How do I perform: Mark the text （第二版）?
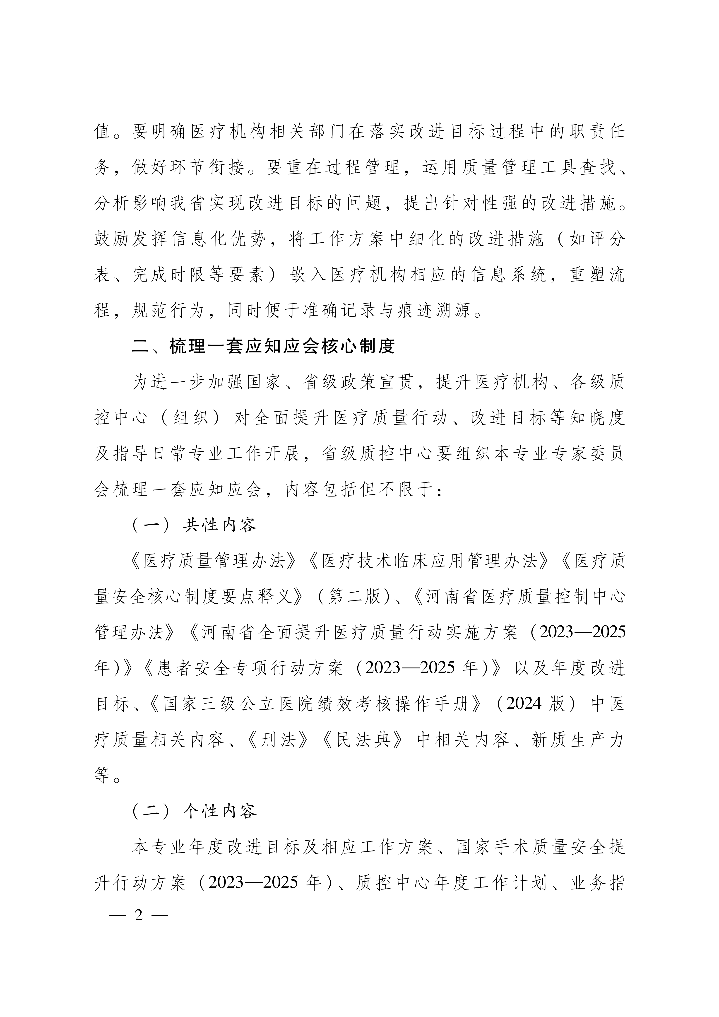354,597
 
